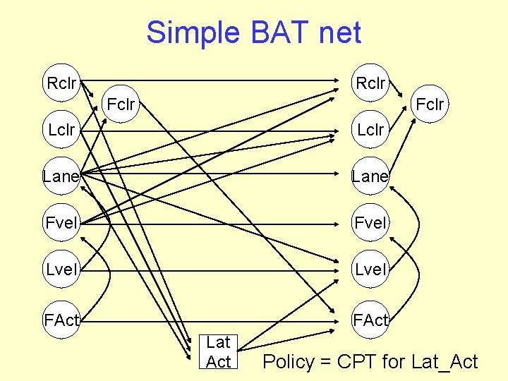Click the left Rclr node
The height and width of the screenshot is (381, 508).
pos(61,83)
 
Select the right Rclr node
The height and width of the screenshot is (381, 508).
pos(370,83)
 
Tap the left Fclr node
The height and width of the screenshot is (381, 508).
pos(121,106)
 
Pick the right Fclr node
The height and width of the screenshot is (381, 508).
pos(430,105)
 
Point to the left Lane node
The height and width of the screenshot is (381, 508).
pos(61,176)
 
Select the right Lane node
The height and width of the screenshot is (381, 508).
pos(370,176)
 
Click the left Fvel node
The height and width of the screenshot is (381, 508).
pos(61,224)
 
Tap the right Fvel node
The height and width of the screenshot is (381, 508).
pos(370,224)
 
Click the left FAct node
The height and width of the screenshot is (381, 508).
pos(61,321)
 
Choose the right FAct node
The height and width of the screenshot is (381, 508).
pos(370,321)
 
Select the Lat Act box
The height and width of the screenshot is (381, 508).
pos(219,351)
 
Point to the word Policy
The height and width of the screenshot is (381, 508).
pos(288,363)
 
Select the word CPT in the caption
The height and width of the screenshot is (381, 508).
pos(358,363)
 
